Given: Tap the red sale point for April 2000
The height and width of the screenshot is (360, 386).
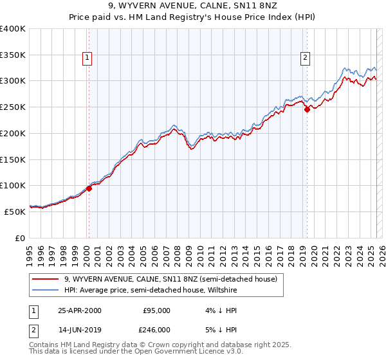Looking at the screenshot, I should (89, 188).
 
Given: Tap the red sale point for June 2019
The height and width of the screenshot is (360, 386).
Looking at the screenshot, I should (308, 109).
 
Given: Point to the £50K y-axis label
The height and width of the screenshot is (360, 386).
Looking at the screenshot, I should (14, 211).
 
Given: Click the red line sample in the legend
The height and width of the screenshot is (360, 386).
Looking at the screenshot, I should (46, 279).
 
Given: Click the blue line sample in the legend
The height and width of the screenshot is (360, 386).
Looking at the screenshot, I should (46, 290).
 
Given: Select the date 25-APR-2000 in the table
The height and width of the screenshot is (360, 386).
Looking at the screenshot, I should (80, 310).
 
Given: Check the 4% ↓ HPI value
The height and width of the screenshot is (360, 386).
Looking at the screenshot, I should (214, 310).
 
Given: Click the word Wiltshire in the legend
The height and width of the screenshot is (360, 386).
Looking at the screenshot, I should (219, 290).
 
